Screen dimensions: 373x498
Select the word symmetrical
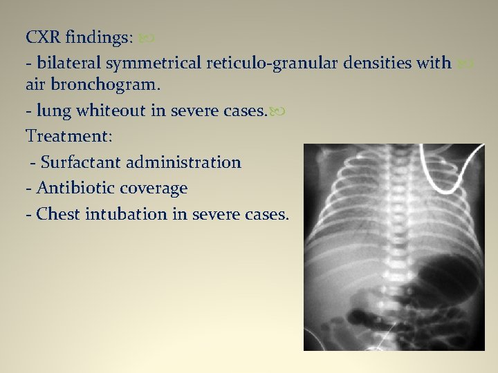(153, 64)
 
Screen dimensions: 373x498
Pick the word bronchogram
(100, 86)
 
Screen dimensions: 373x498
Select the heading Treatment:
(68, 136)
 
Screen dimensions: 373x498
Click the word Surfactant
(80, 162)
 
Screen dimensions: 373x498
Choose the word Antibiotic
(76, 188)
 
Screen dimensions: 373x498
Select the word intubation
(127, 213)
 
